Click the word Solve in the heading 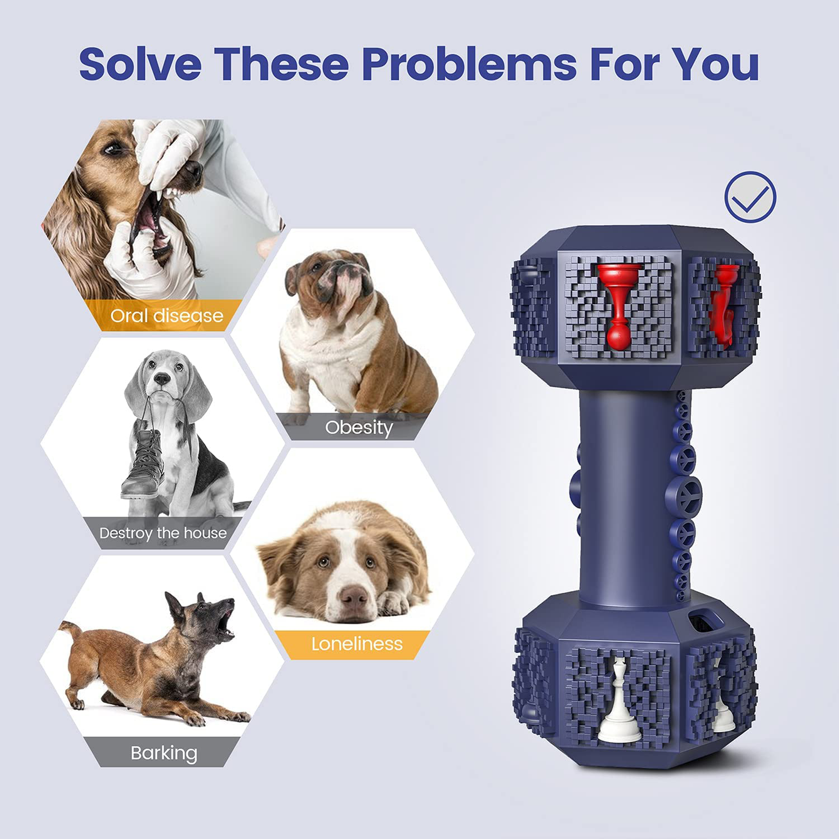point(140,64)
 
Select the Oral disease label point(167,316)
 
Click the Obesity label point(359,428)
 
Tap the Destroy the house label point(163,534)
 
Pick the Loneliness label point(357,644)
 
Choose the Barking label point(164,753)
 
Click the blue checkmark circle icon point(750,197)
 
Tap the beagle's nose point(162,378)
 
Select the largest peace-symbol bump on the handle point(683,497)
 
